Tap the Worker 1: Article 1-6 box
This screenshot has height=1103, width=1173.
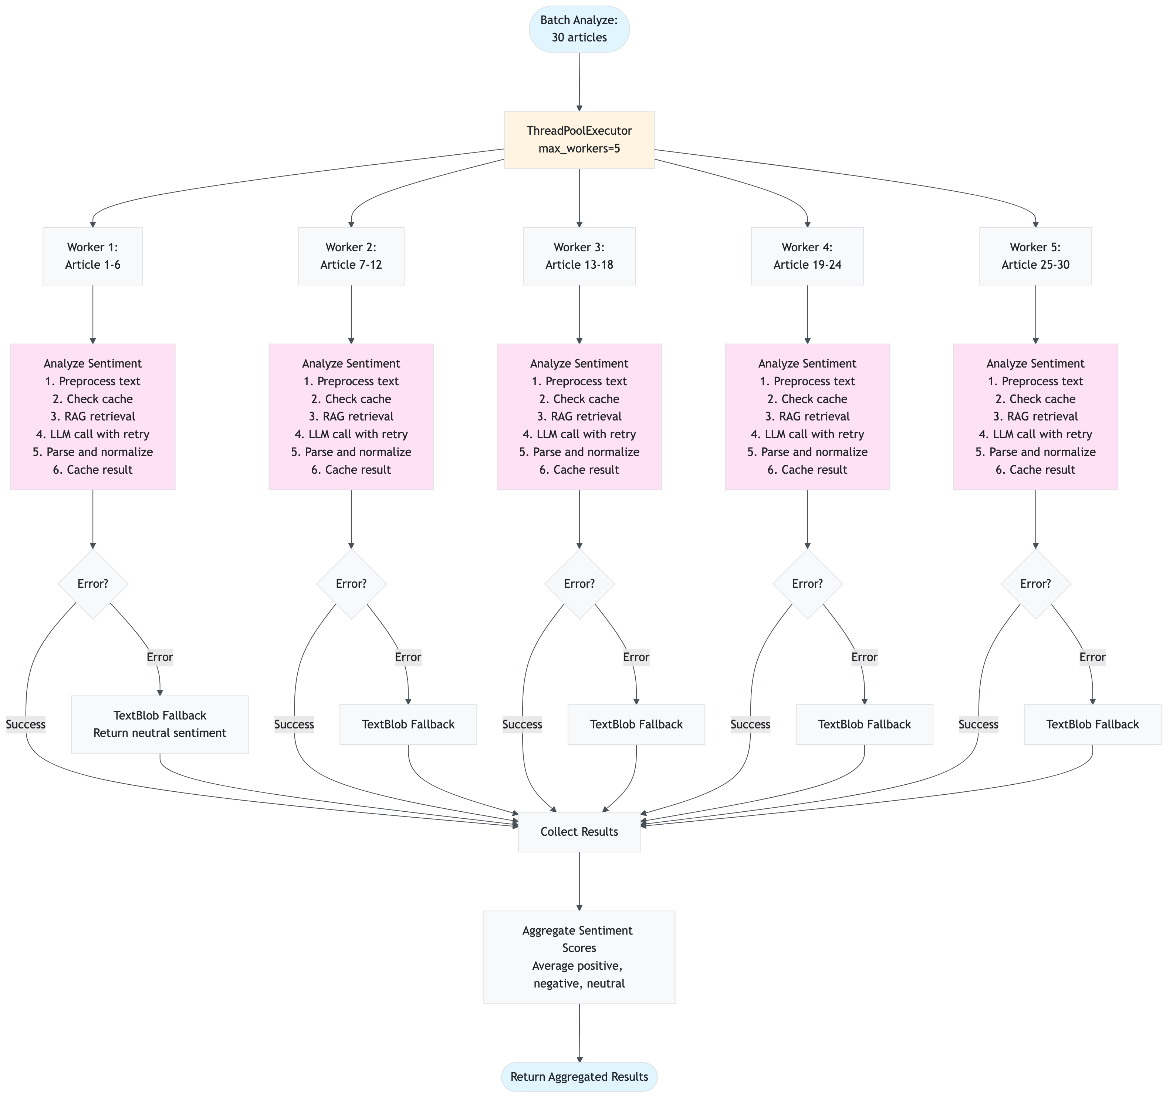(x=93, y=256)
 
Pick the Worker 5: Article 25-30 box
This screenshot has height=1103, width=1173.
(x=1035, y=256)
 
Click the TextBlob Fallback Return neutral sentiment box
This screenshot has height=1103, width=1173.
(x=159, y=724)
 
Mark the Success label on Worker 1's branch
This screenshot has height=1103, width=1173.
(x=26, y=724)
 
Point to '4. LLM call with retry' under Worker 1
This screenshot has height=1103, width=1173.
(x=93, y=434)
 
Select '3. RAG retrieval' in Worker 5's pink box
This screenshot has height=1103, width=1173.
(x=1035, y=416)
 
